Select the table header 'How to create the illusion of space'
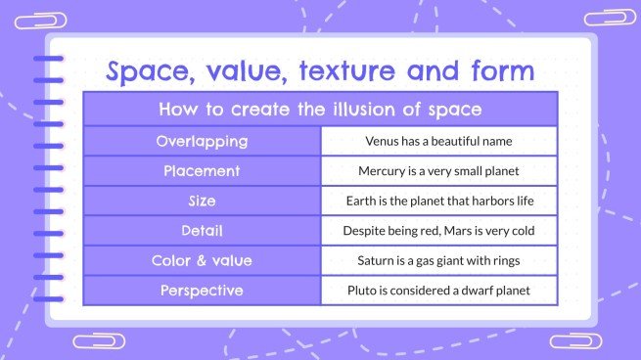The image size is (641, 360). [x=320, y=109]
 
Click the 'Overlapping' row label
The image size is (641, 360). [x=202, y=141]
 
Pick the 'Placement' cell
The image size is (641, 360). [x=202, y=171]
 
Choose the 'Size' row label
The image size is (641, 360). [x=202, y=202]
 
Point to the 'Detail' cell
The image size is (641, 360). [x=202, y=231]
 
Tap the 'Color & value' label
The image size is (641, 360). [x=202, y=261]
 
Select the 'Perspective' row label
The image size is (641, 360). [x=202, y=291]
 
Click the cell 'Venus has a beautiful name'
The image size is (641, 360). [x=438, y=141]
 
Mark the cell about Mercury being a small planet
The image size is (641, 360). [x=438, y=171]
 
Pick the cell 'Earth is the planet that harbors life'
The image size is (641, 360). [x=438, y=202]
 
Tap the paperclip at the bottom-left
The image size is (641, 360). [x=99, y=341]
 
